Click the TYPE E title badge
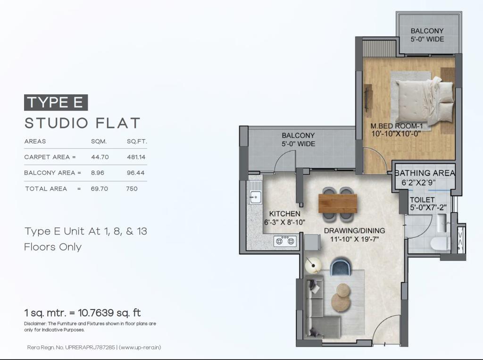pos(56,102)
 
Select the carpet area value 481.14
pos(136,157)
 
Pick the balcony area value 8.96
pos(97,173)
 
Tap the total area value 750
pos(132,189)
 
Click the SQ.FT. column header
pos(137,142)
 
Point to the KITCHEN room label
pos(284,214)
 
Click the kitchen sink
pos(256,193)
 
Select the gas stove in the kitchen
pos(285,241)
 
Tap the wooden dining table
pos(338,203)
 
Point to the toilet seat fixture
pos(441,243)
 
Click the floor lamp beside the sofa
pos(313,265)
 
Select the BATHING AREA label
pos(425,173)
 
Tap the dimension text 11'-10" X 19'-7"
pos(354,239)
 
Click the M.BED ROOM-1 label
pos(396,126)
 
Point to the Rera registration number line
pos(94,347)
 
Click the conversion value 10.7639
pos(96,313)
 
